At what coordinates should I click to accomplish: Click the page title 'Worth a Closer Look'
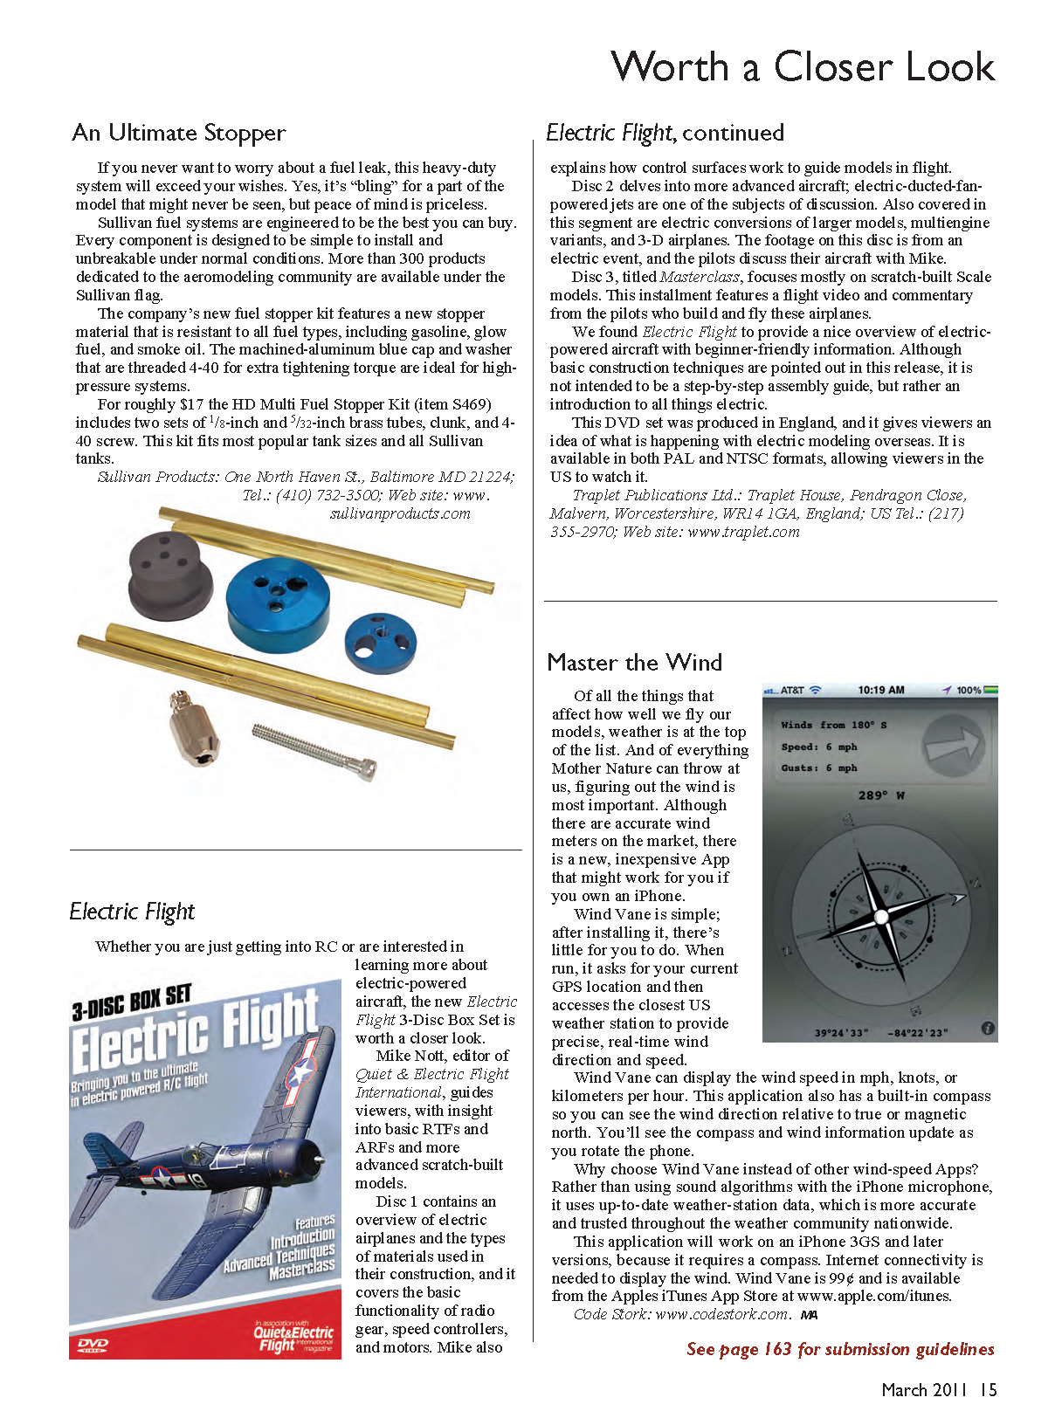point(803,67)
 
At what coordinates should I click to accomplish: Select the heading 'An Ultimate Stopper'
point(179,133)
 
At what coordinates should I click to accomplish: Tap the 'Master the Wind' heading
point(635,663)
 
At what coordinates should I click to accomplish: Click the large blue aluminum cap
point(277,595)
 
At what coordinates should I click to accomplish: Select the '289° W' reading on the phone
point(880,795)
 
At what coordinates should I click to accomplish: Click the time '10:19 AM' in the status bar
point(880,691)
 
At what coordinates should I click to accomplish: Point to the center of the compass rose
point(880,919)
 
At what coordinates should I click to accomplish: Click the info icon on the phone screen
point(988,1029)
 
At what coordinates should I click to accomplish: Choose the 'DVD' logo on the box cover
point(93,1345)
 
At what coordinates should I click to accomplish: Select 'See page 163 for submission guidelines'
point(840,1349)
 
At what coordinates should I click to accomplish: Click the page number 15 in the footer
point(988,1390)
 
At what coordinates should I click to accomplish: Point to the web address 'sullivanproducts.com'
point(400,513)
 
